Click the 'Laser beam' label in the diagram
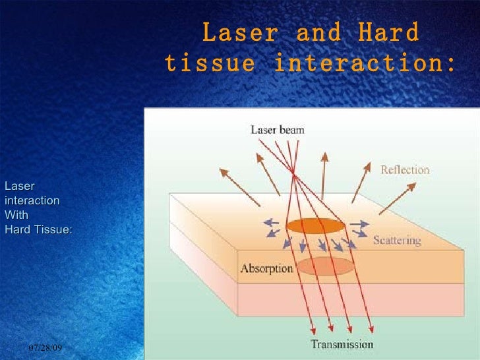point(277,130)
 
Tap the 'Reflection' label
point(405,170)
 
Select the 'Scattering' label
point(396,241)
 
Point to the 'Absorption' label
point(266,268)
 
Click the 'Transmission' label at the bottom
point(342,344)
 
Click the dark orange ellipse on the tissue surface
point(315,226)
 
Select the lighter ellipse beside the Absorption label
point(325,266)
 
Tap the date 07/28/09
point(50,347)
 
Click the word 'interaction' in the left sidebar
point(32,200)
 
